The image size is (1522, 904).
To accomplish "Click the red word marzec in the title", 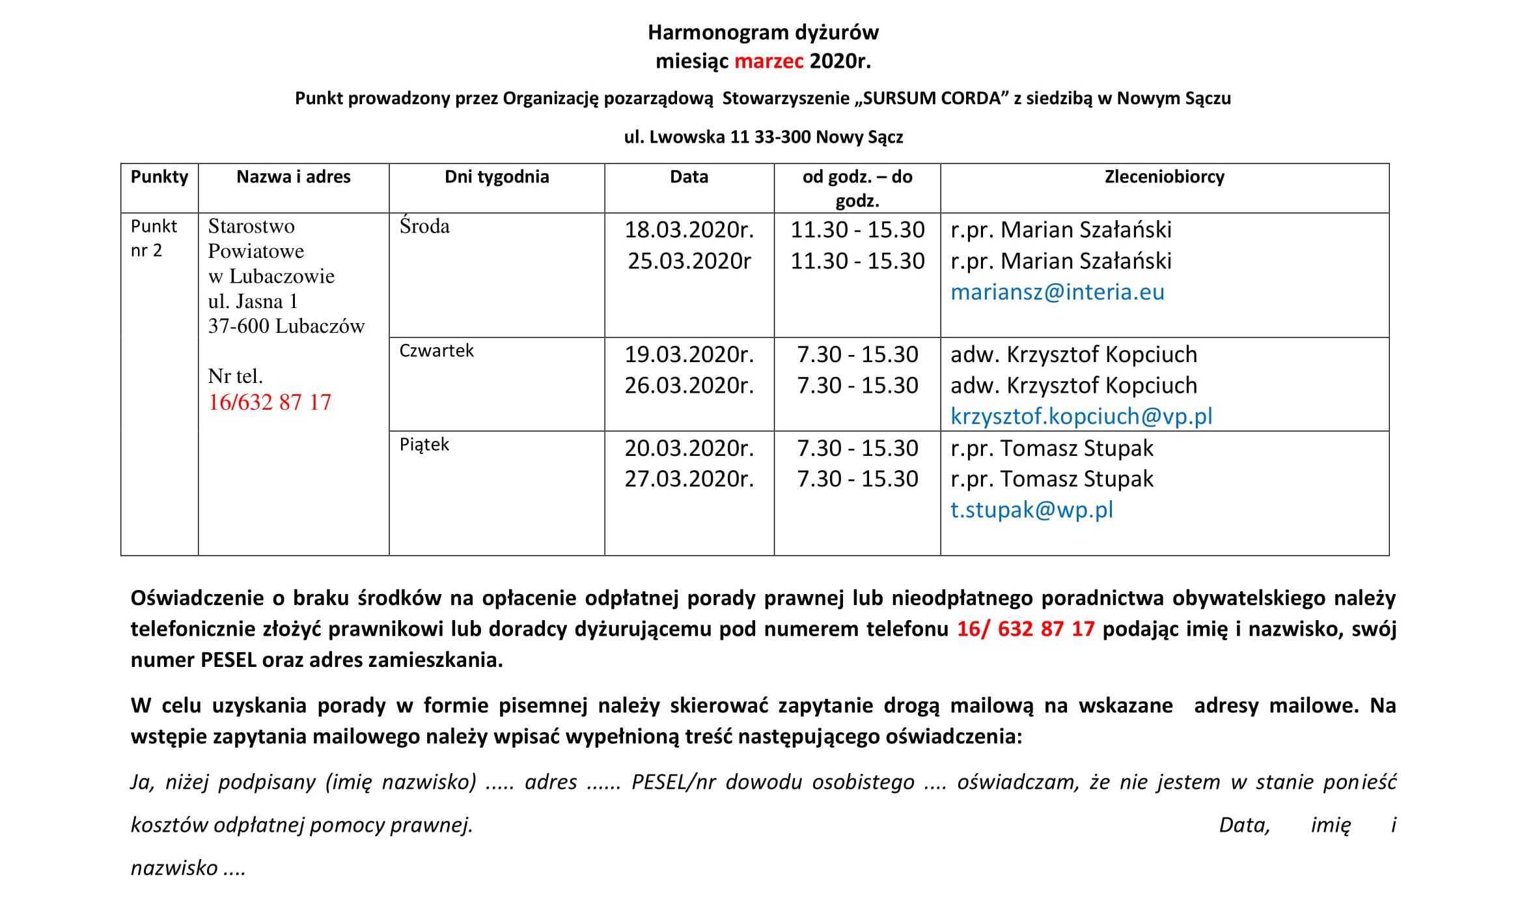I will (769, 61).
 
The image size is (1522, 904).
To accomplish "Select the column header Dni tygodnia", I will (497, 177).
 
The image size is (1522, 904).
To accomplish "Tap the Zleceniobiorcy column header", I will (1164, 177).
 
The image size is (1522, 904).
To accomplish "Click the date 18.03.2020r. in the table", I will (689, 230).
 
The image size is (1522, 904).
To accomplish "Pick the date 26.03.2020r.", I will (689, 386).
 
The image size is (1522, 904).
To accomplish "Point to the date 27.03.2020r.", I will (689, 479).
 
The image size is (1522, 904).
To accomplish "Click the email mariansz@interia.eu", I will (1057, 292).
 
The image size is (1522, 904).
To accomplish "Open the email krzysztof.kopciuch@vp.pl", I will (1081, 417).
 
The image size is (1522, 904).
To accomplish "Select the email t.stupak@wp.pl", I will (1031, 510).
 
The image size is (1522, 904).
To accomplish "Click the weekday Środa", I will (424, 227).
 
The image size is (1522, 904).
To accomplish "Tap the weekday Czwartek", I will (436, 351).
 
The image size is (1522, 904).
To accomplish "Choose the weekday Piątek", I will (424, 445).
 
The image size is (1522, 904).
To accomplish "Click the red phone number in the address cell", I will (270, 403).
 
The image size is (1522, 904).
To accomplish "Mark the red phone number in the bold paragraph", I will (1025, 629).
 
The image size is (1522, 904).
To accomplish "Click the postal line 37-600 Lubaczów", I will (286, 326).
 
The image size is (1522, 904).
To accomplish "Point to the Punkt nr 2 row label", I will (154, 238).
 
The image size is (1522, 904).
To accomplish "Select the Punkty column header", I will (159, 177).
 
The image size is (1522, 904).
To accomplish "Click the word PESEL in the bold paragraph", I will (228, 660).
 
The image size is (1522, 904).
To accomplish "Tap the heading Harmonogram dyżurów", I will (763, 33).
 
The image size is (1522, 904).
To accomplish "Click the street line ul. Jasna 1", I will (253, 302).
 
